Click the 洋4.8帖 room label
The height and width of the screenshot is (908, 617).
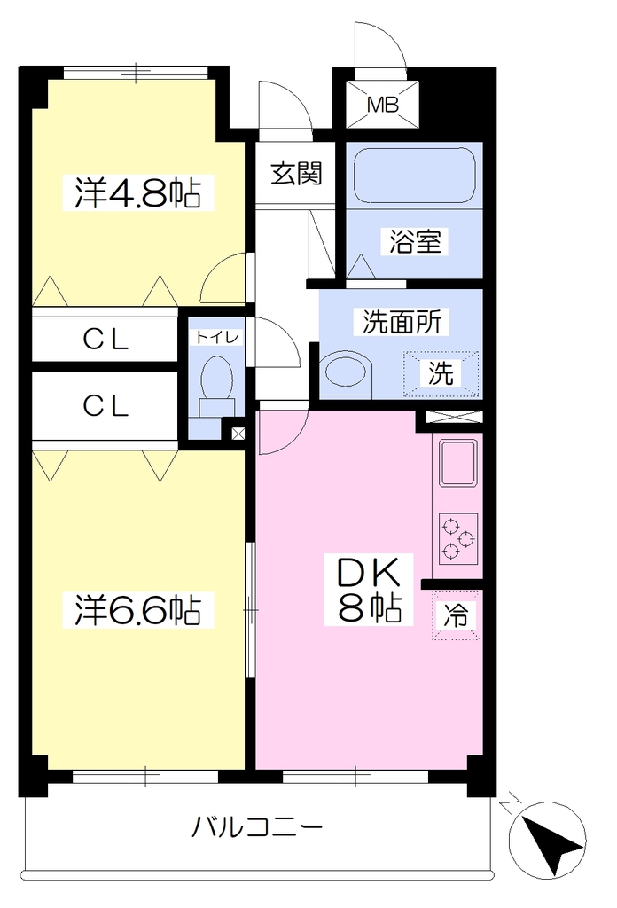point(137,192)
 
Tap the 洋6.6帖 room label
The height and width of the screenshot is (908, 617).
point(137,609)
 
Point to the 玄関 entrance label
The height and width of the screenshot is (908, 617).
point(296,173)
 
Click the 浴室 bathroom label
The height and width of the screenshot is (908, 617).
point(414,241)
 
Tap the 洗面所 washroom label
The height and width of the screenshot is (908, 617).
point(402,322)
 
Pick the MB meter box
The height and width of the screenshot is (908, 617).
point(383,106)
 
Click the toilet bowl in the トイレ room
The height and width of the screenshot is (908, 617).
point(217,381)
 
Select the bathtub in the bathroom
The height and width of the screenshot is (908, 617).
point(414,176)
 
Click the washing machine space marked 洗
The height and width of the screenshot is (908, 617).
point(441,373)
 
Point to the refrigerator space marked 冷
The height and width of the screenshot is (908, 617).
point(456,615)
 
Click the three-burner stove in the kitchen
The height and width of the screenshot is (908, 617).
point(457,539)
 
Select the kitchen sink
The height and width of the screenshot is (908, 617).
point(458,462)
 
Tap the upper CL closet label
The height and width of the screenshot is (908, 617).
point(105,340)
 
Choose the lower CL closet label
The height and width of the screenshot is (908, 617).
point(105,406)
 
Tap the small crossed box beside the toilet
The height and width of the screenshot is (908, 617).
point(238,433)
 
